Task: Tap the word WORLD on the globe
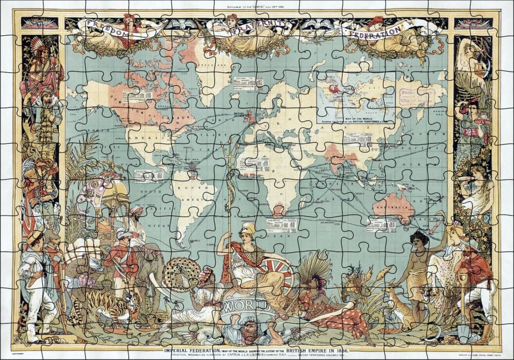247,307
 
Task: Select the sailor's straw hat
35,235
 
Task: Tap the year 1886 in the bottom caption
339,350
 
